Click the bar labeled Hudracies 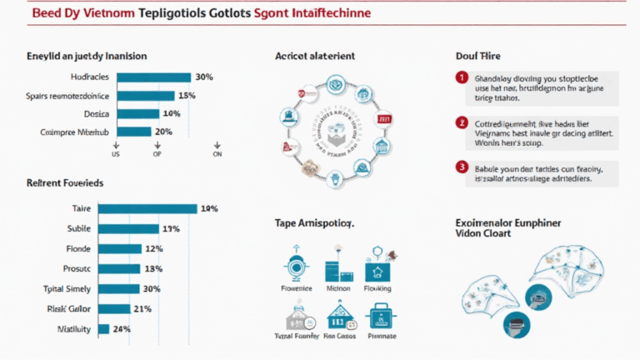click(x=154, y=77)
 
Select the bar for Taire click(x=147, y=209)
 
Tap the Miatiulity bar click(x=103, y=328)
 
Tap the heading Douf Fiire click(x=477, y=56)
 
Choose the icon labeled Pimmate click(x=379, y=317)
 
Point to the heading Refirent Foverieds click(x=65, y=182)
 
